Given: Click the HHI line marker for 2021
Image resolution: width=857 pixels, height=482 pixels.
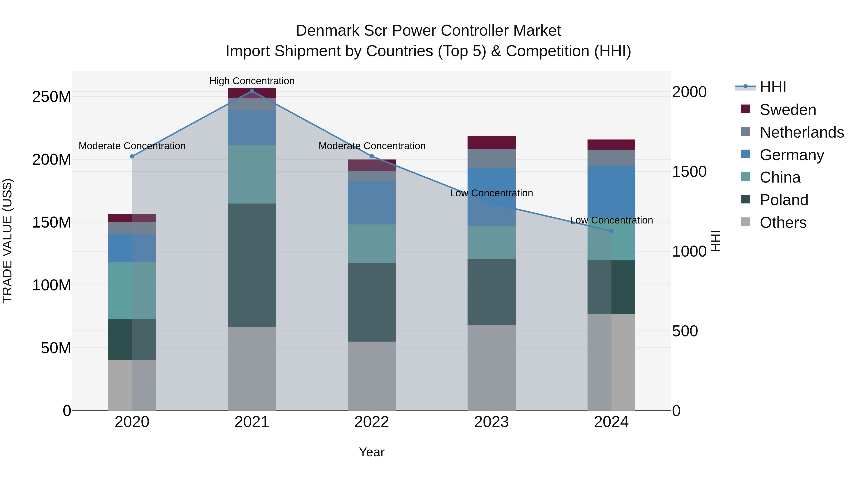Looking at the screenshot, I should (252, 91).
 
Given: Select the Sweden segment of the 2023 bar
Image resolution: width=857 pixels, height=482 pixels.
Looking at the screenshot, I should (491, 142).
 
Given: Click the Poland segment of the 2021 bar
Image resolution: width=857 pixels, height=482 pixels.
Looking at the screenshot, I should (252, 265).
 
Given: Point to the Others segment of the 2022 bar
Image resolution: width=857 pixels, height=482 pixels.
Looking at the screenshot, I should (372, 376).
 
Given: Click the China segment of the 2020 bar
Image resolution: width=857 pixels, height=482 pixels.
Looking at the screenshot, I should (132, 290).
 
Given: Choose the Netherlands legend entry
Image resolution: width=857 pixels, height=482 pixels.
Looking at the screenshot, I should (802, 132).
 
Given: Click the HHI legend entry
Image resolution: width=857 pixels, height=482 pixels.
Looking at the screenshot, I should (772, 87).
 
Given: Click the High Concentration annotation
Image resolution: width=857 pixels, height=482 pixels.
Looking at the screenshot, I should (252, 81).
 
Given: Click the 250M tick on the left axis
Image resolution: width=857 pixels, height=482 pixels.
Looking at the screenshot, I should (52, 97).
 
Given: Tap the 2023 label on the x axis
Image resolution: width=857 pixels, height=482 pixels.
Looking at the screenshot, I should (491, 422).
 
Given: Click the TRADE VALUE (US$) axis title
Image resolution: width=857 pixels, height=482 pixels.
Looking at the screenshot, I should (7, 241).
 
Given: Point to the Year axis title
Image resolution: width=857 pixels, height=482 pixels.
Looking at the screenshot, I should (372, 452).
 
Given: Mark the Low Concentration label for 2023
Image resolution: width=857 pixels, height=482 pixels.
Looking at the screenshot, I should (491, 193).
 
